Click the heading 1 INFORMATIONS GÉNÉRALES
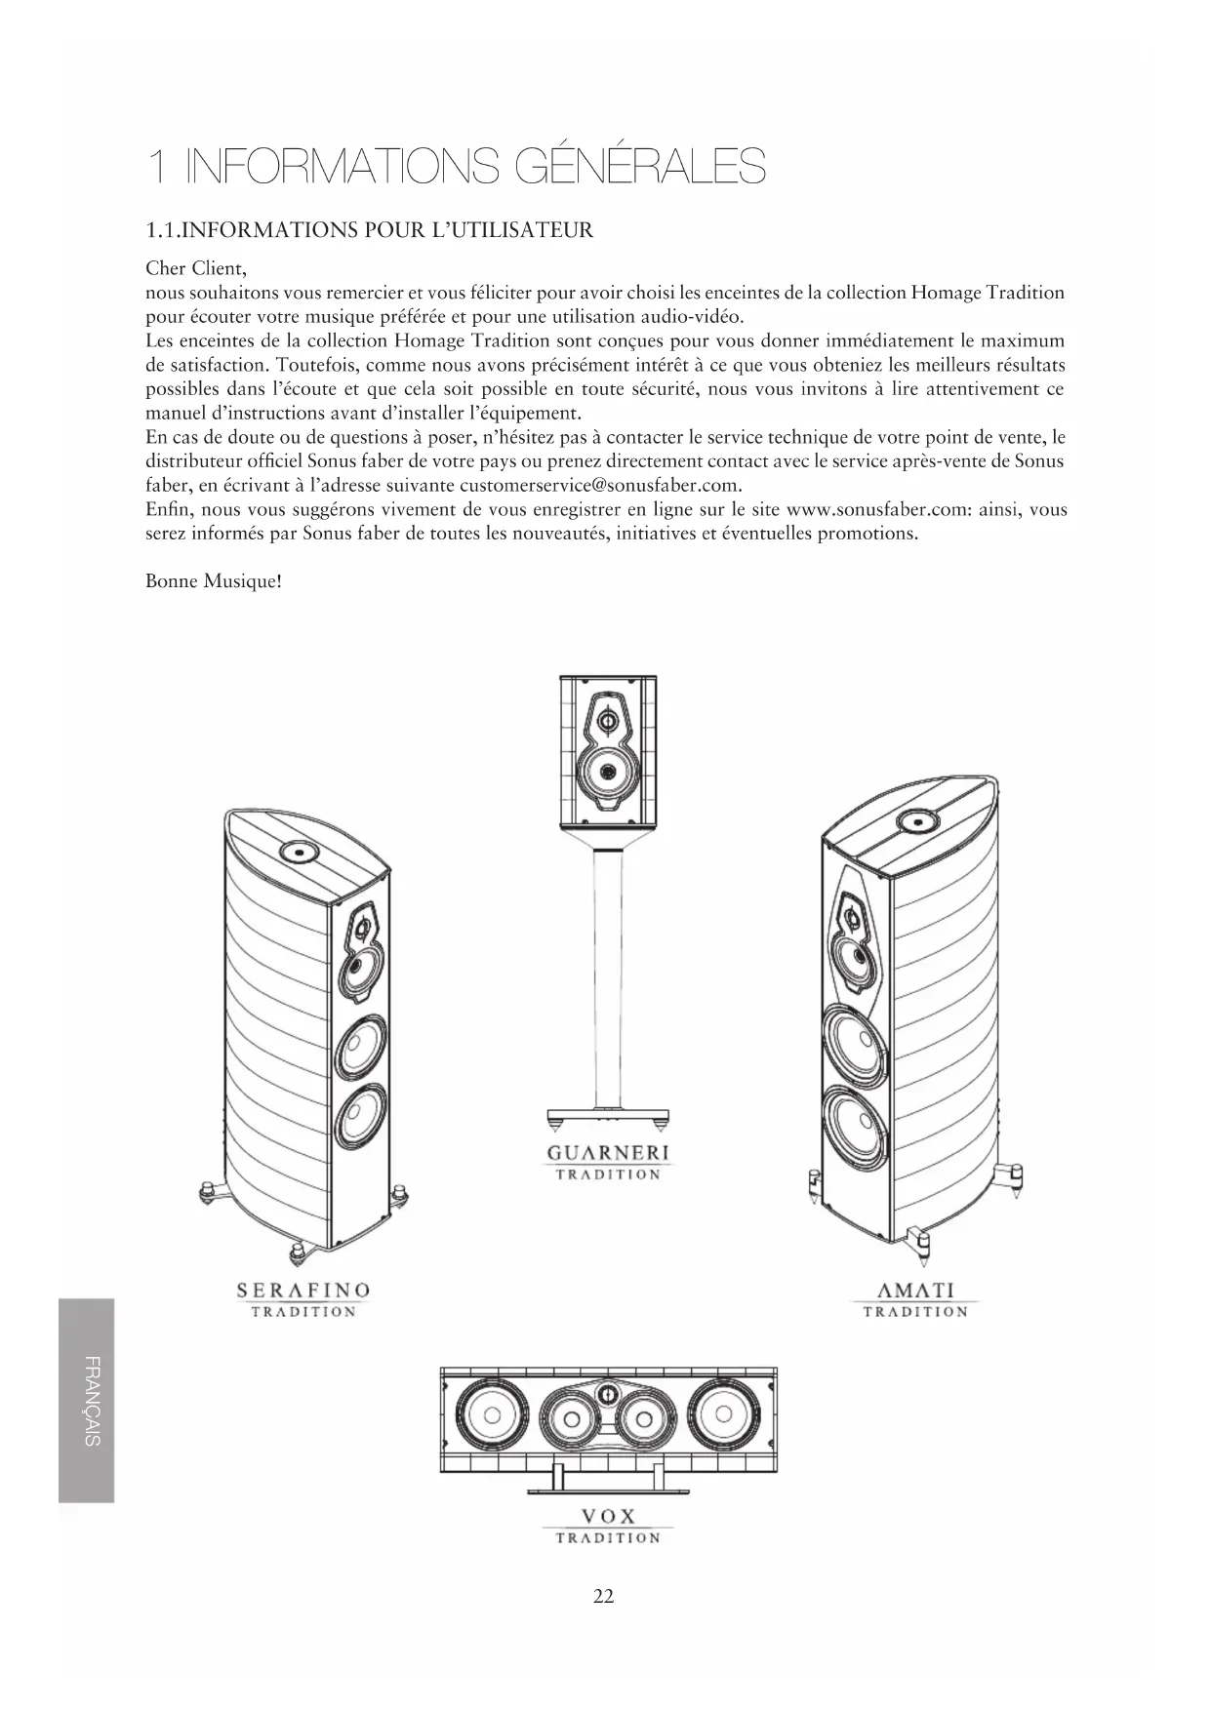pyautogui.click(x=456, y=168)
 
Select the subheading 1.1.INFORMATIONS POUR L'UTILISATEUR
pyautogui.click(x=369, y=230)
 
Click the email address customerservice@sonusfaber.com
pyautogui.click(x=599, y=485)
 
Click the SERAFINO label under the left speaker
pyautogui.click(x=303, y=1291)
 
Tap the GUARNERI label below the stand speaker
pyautogui.click(x=608, y=1153)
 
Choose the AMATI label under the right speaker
pyautogui.click(x=914, y=1291)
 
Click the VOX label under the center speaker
pyautogui.click(x=608, y=1516)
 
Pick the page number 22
pyautogui.click(x=604, y=1596)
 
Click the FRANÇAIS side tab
pyautogui.click(x=87, y=1400)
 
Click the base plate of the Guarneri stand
pyautogui.click(x=608, y=1115)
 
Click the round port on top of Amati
pyautogui.click(x=917, y=820)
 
